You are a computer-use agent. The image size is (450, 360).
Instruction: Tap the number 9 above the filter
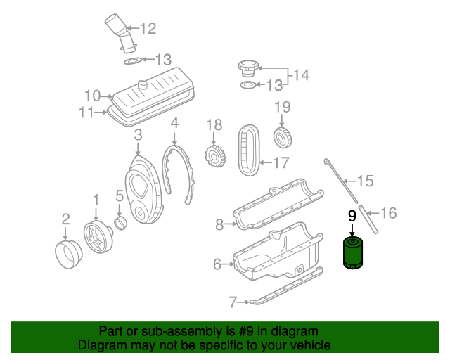[x=352, y=217]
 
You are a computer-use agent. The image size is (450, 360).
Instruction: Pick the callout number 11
[x=86, y=111]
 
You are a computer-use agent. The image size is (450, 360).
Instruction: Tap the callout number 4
[x=174, y=122]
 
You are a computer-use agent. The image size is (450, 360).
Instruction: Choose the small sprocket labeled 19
[x=282, y=136]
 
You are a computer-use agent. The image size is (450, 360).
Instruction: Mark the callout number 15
[x=364, y=181]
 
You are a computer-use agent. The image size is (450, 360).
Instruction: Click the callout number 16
[x=389, y=212]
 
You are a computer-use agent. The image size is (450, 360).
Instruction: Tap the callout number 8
[x=219, y=224]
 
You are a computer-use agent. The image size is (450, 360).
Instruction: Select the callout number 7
[x=233, y=303]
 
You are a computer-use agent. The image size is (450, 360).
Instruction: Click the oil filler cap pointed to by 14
[x=248, y=68]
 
